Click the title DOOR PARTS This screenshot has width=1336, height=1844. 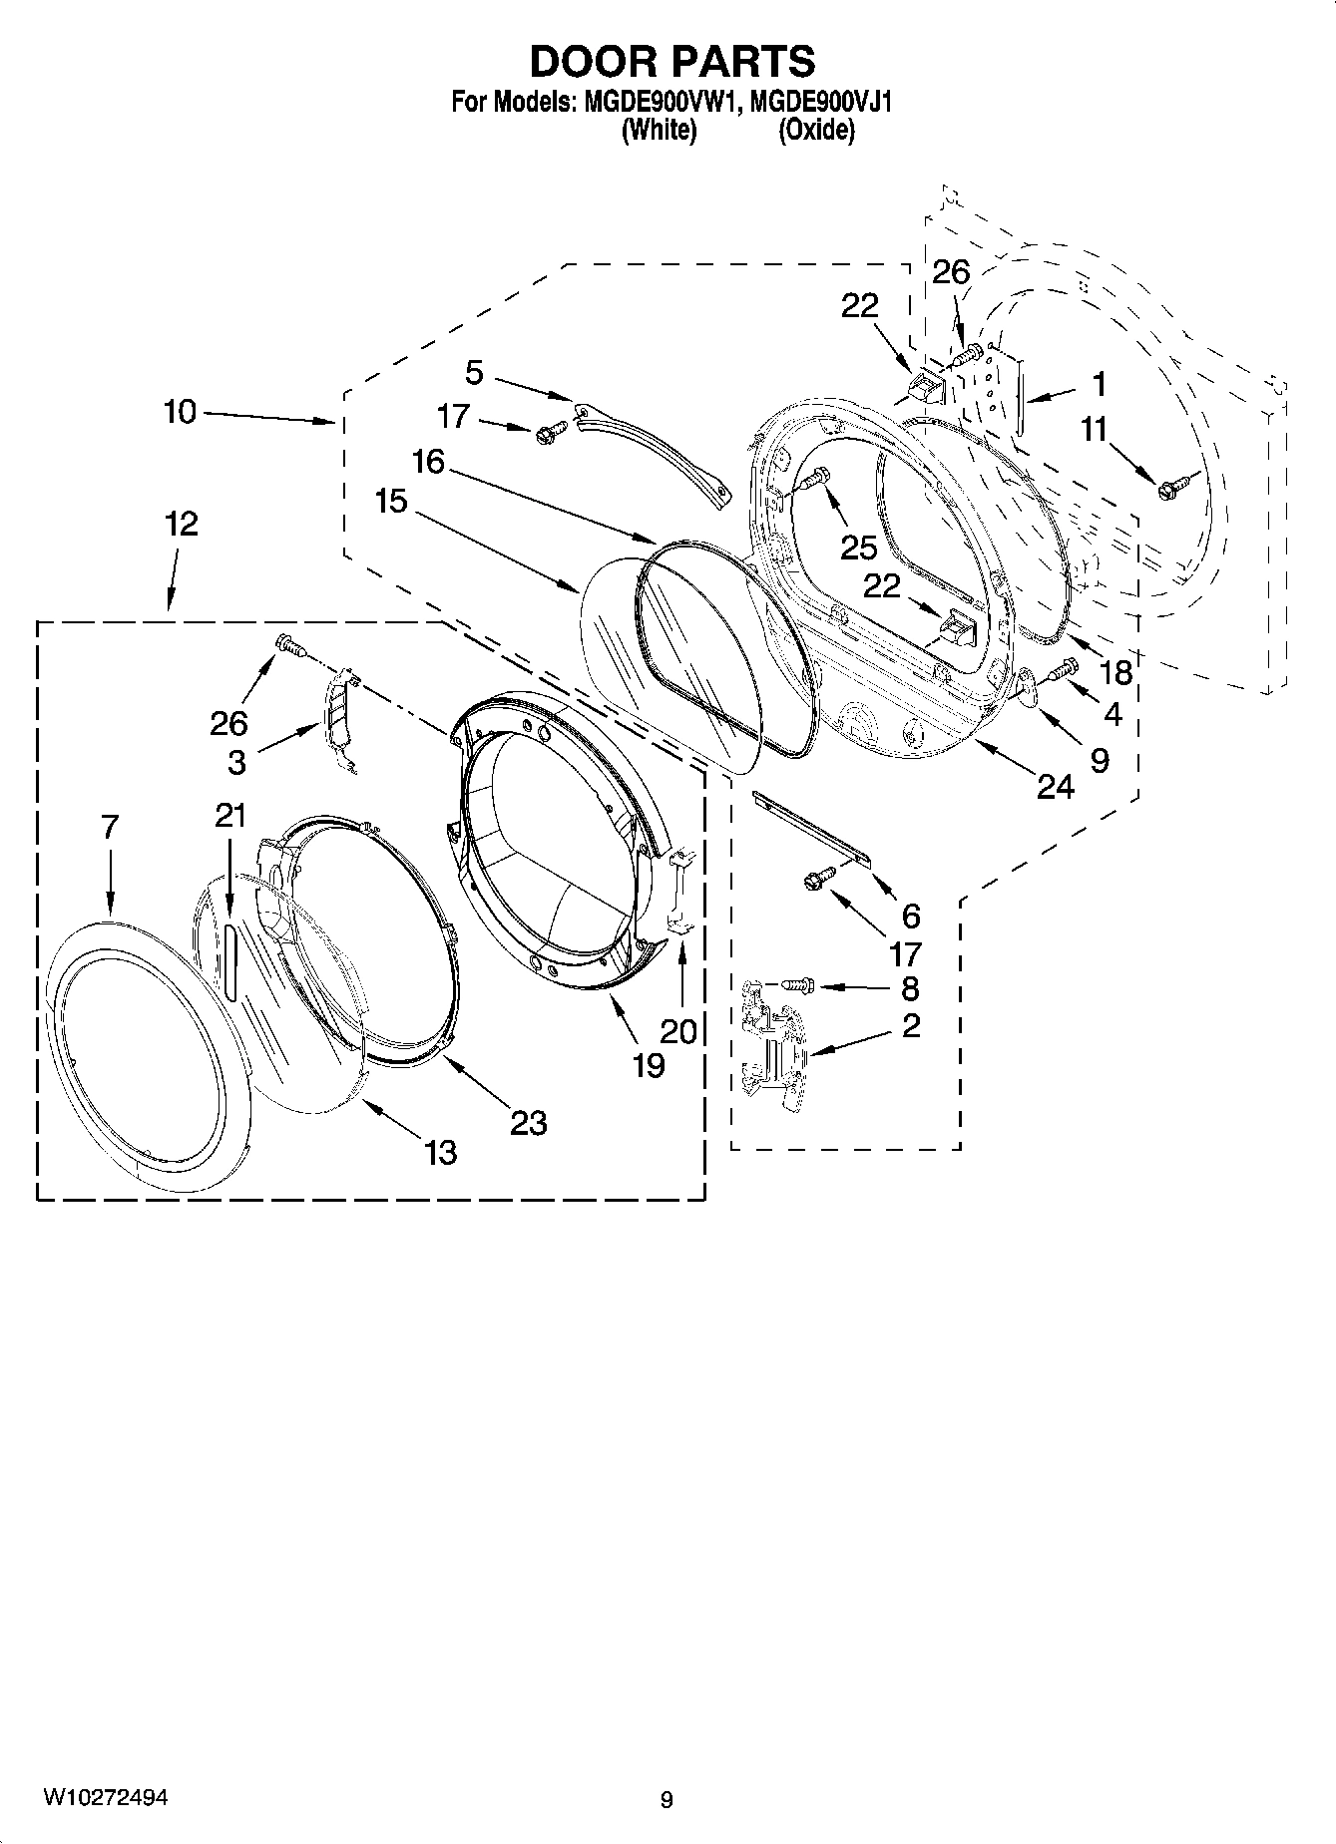pyautogui.click(x=671, y=62)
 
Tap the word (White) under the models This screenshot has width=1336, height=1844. pyautogui.click(x=659, y=130)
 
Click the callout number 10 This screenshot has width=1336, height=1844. pyautogui.click(x=181, y=411)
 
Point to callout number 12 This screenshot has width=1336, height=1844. pyautogui.click(x=181, y=524)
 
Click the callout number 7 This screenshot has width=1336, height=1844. pyautogui.click(x=110, y=827)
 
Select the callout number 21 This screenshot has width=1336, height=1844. pyautogui.click(x=230, y=815)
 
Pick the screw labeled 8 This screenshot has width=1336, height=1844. pyautogui.click(x=794, y=985)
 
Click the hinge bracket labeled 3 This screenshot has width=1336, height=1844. pyautogui.click(x=337, y=718)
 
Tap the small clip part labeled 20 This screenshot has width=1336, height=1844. pyautogui.click(x=679, y=890)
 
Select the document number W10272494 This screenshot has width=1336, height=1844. pyautogui.click(x=104, y=1796)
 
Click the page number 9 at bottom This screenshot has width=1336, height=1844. pyautogui.click(x=667, y=1799)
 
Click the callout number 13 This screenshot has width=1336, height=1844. pyautogui.click(x=440, y=1153)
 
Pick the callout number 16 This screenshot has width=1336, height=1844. pyautogui.click(x=429, y=463)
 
